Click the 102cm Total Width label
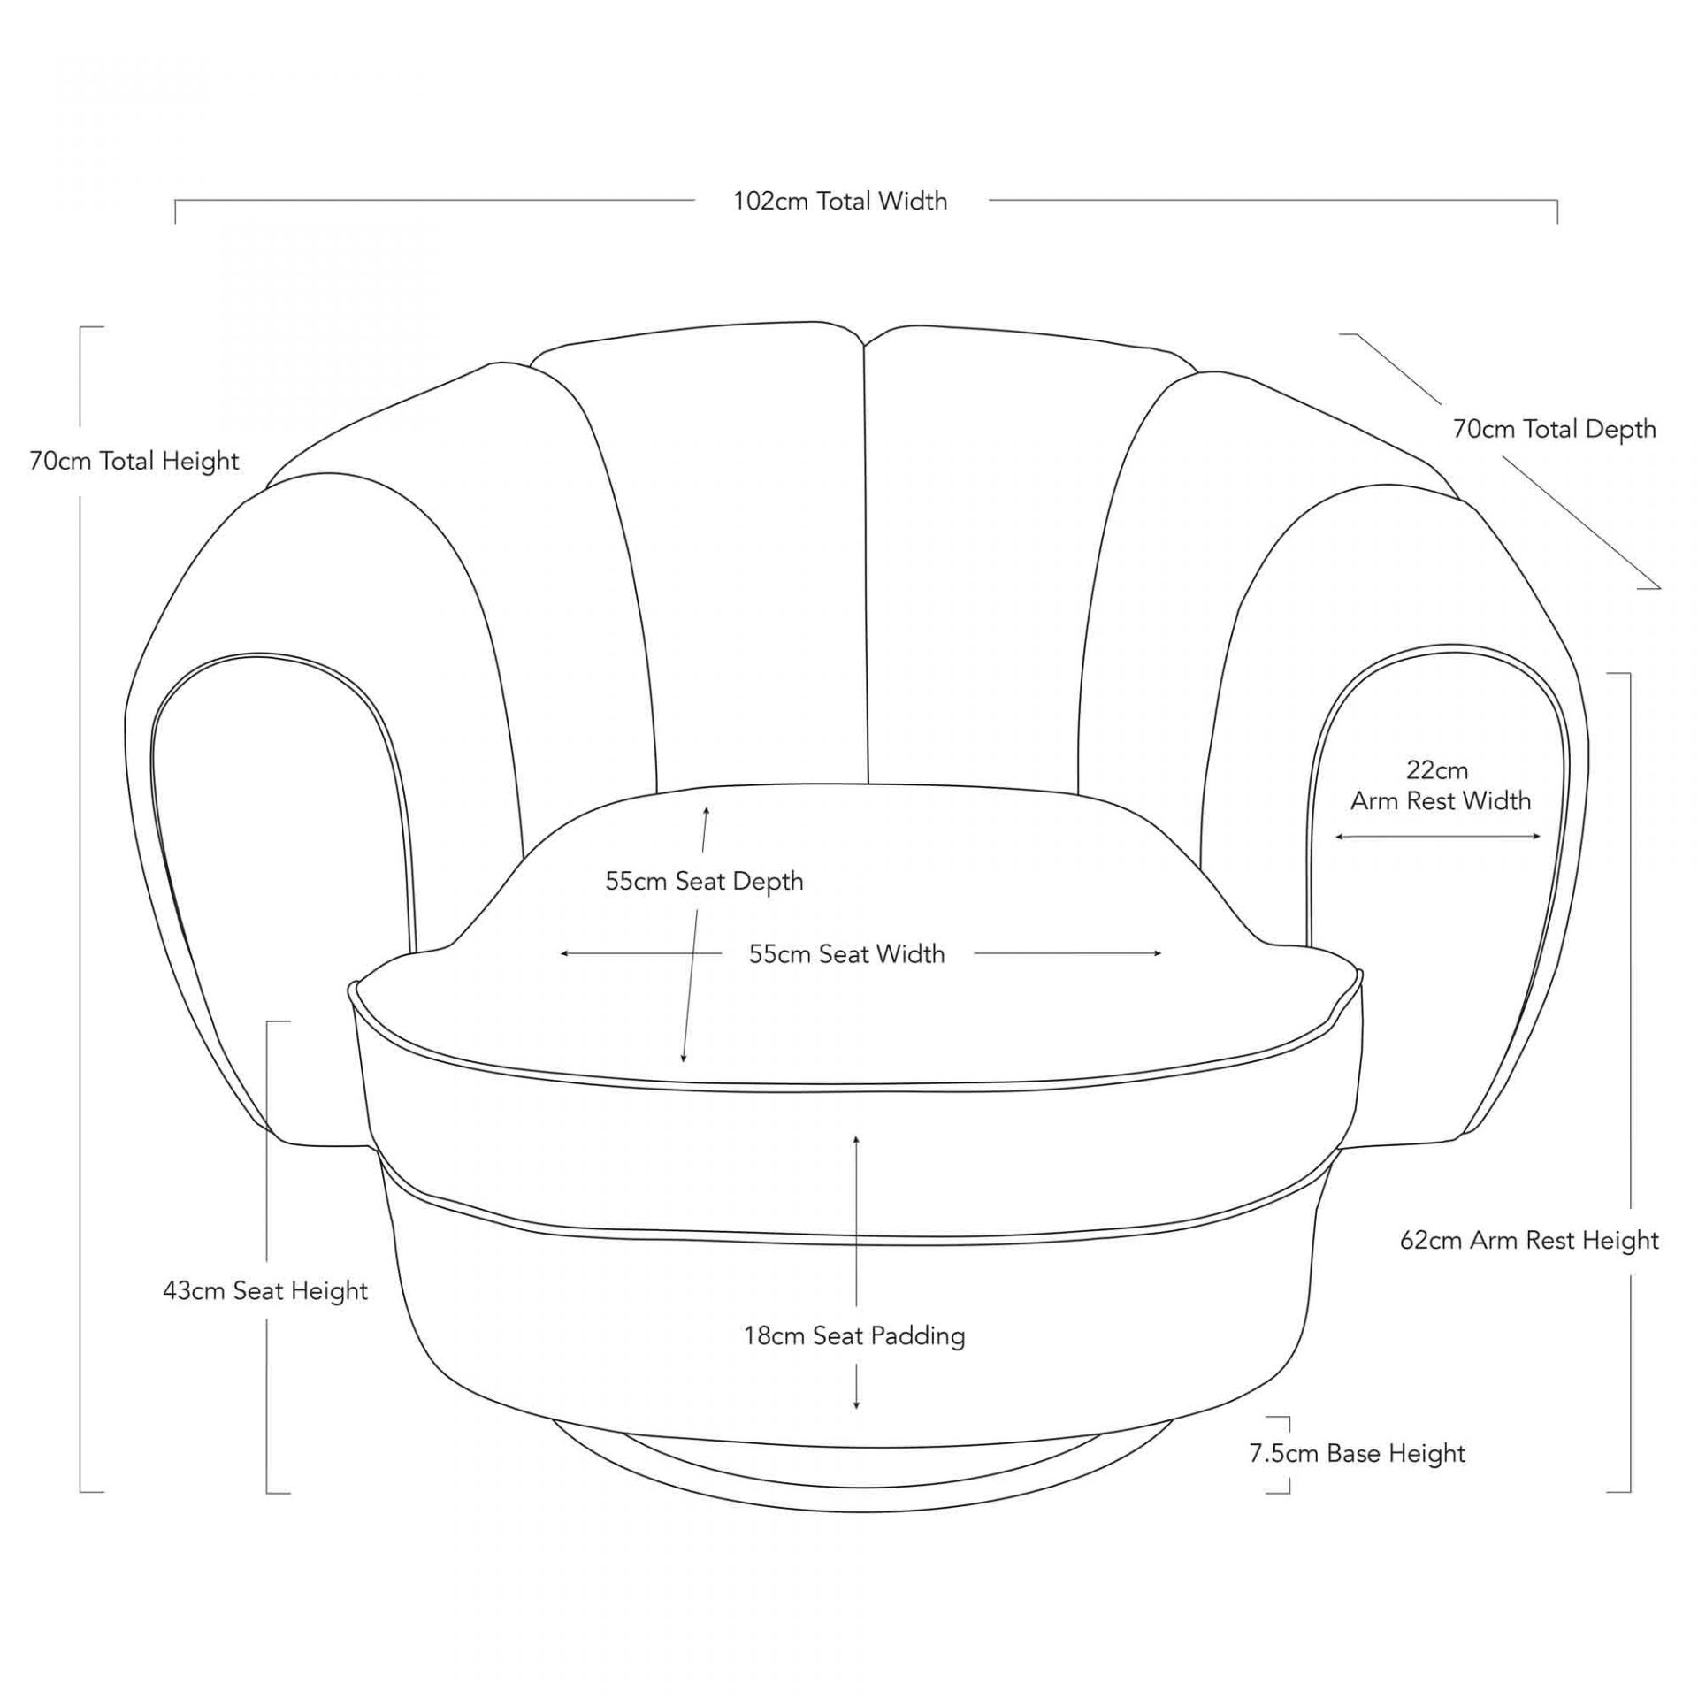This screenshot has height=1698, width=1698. point(840,202)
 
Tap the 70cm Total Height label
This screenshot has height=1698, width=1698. point(134,461)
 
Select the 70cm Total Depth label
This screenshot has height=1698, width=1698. point(1554,429)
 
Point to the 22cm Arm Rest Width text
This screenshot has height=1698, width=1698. point(1439,785)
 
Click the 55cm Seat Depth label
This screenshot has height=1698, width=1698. point(704,881)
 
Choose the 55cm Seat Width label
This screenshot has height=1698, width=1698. point(846,953)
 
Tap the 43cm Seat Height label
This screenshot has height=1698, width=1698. point(265,1290)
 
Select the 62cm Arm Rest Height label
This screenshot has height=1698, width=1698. point(1529,1240)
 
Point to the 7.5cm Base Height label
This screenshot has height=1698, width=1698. point(1357,1453)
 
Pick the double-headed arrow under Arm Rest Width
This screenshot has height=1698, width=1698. point(1438,837)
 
